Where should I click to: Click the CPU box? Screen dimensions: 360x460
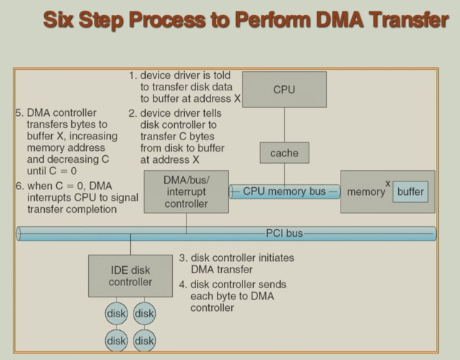point(284,90)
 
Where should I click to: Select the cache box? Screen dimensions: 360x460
point(284,153)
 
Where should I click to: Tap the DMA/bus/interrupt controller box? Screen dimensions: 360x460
point(186,191)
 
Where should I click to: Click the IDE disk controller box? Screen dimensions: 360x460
point(130,276)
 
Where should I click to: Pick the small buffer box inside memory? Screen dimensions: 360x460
point(410,192)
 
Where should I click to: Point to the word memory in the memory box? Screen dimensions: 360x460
point(366,192)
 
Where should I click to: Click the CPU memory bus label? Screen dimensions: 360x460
point(284,191)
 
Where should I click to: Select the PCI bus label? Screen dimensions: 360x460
point(284,233)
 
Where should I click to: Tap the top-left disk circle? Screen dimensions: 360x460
point(117,313)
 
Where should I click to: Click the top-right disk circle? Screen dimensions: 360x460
point(144,313)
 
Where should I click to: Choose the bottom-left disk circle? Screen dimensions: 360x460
point(117,341)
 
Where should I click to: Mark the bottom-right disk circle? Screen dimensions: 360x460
point(144,341)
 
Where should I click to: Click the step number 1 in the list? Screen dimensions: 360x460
point(132,75)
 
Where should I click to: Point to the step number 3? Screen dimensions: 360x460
point(183,258)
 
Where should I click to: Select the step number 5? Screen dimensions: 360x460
point(18,113)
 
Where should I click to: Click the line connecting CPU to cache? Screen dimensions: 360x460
point(284,125)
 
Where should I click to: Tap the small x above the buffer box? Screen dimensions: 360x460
point(388,183)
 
